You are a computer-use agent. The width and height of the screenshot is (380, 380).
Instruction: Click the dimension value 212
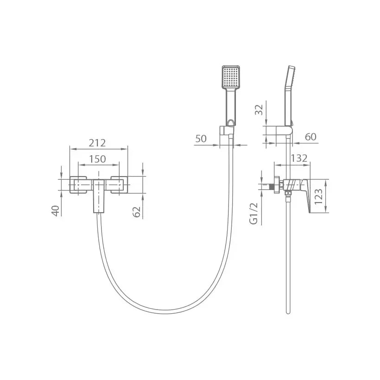coord(97,143)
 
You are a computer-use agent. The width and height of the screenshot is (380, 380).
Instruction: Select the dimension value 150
coord(97,159)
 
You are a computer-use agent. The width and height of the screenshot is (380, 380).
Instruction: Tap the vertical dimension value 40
coord(56,210)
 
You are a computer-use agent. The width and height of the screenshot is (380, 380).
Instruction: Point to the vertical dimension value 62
coord(137,212)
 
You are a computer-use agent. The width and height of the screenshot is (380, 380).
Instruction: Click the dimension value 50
coord(201,139)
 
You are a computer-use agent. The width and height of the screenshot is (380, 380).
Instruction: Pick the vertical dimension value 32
coord(259,110)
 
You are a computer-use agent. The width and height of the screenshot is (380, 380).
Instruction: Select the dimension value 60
coord(310,137)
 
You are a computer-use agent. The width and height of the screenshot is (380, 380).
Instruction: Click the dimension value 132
coord(299,158)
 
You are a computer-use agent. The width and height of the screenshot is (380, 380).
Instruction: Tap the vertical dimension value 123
coord(319,196)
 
